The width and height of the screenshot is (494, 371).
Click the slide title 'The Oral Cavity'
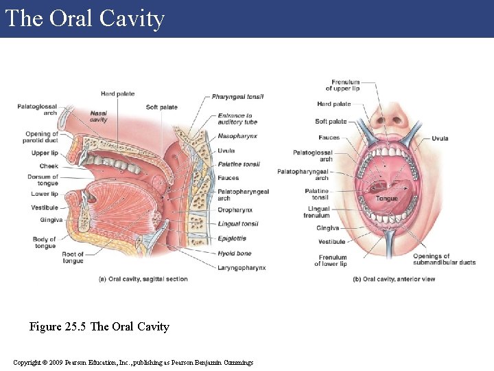(84, 19)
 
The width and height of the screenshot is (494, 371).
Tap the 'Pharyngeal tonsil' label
(237, 97)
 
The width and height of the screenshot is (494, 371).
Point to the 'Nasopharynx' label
(237, 136)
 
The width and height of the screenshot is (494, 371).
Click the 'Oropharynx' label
(235, 210)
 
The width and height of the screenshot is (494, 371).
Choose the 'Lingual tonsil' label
(238, 224)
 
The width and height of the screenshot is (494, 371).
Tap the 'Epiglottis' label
(232, 238)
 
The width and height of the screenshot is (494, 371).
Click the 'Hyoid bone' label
(234, 254)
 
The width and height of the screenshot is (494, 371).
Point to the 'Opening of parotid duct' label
(42, 137)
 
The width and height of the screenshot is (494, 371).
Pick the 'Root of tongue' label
(73, 258)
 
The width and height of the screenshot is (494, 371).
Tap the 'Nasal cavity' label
(98, 116)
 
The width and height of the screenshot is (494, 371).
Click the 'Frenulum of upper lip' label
(345, 86)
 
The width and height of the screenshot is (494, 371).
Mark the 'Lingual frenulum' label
(318, 212)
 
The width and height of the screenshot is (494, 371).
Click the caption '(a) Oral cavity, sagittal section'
(143, 279)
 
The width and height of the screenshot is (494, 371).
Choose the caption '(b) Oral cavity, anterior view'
(394, 279)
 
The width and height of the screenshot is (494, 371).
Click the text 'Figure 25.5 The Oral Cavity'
(99, 326)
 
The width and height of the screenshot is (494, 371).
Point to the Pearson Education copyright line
(133, 362)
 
